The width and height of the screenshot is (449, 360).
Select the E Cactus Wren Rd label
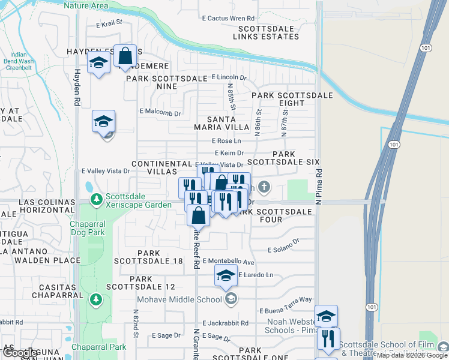[228, 19]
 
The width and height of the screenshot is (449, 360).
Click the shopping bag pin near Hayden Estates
[125, 57]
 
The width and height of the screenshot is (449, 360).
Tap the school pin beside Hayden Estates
[98, 63]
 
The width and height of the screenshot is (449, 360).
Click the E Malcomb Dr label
[160, 112]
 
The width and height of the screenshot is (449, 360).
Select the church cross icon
[265, 188]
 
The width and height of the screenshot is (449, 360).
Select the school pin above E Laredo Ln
[226, 276]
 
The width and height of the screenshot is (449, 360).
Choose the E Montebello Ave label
[229, 262]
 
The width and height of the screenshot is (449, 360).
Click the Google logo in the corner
[20, 353]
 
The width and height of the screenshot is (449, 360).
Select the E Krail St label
[109, 24]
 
